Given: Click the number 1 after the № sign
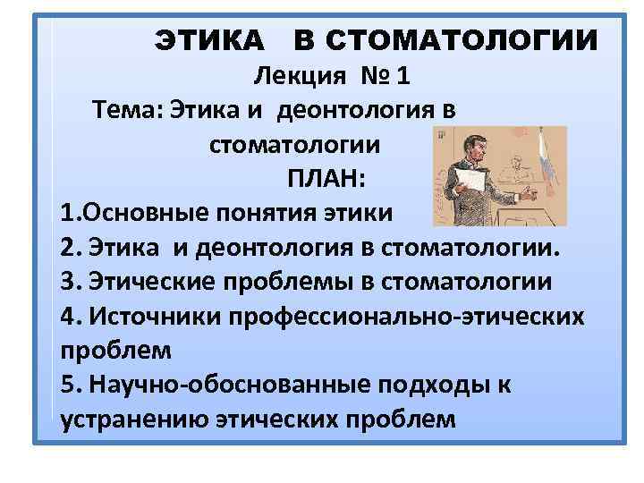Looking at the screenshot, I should tap(404, 77).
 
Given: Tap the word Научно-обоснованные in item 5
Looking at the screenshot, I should tap(207, 384).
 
